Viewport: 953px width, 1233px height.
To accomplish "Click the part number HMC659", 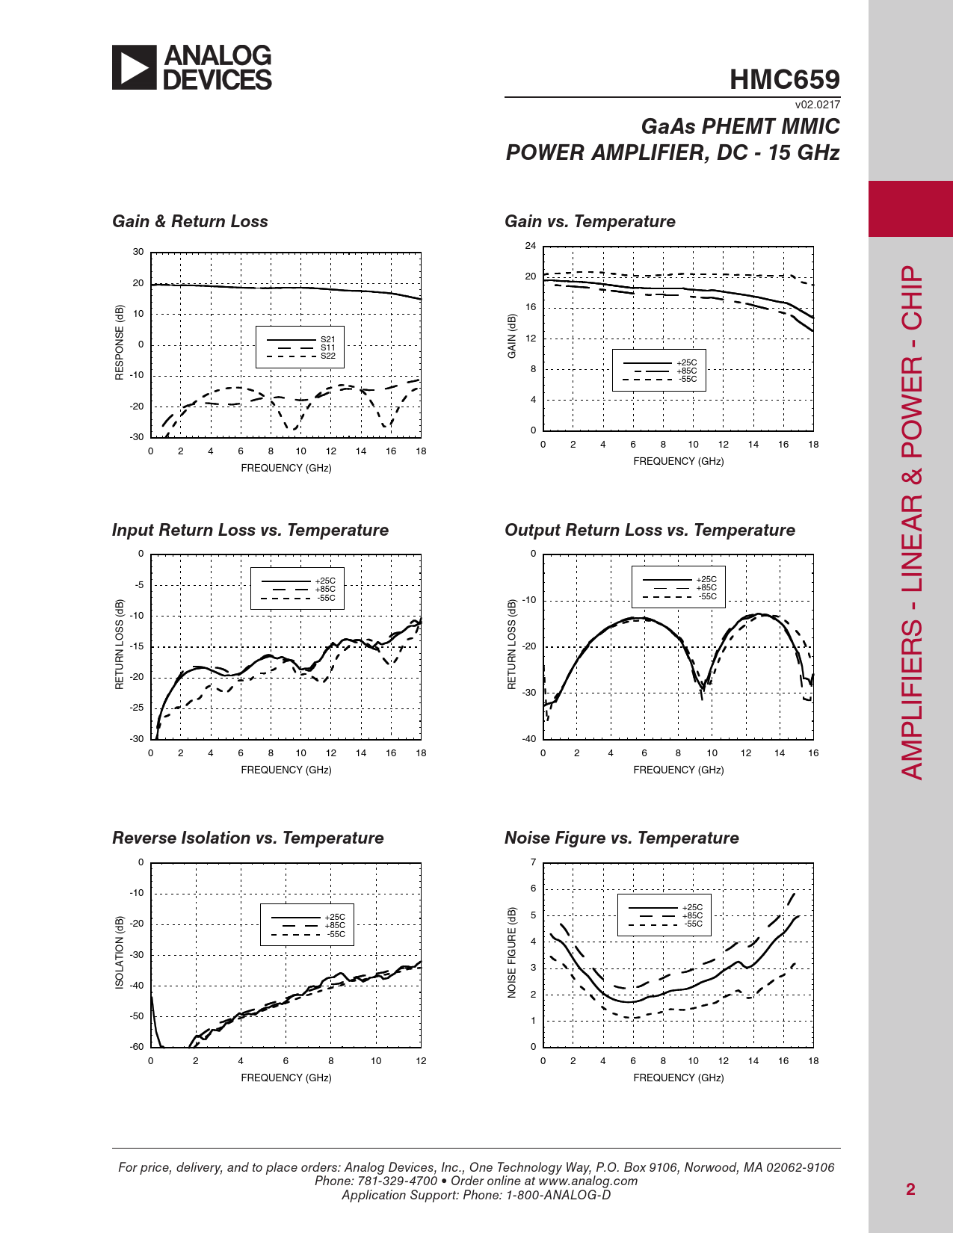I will (x=784, y=79).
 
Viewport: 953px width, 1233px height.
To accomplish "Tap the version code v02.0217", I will (x=817, y=105).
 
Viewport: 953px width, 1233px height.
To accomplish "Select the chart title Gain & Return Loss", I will (x=190, y=221).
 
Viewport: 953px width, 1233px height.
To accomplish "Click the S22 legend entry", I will (x=328, y=356).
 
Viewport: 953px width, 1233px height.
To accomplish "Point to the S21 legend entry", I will (x=328, y=339).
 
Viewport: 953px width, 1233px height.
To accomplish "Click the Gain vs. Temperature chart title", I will (x=590, y=221).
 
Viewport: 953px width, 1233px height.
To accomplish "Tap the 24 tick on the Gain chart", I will (x=531, y=246).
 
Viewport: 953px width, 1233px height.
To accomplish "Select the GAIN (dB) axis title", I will (x=512, y=336).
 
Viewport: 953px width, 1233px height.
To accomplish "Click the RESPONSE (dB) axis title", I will (x=120, y=342).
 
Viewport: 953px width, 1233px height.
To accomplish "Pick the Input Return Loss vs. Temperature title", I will (x=250, y=530).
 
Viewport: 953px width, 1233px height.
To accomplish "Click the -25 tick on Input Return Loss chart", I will (x=138, y=708).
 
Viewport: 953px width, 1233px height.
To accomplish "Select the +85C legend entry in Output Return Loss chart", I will (x=706, y=588).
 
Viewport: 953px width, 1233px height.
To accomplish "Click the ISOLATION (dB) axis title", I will (x=120, y=953).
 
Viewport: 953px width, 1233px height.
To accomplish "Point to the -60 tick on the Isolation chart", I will (x=137, y=1047).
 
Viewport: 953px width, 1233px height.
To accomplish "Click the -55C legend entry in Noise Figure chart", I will (x=693, y=924).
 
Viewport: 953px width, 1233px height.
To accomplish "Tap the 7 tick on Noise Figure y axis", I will (x=533, y=862).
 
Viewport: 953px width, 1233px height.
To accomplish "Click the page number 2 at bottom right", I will (x=910, y=1190).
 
